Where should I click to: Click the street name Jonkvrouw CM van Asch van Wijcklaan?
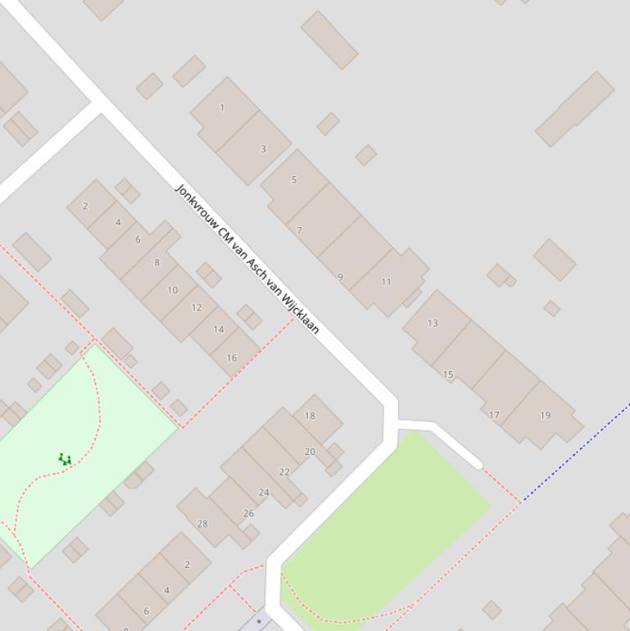247,259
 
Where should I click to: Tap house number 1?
222,107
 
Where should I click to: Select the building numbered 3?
263,149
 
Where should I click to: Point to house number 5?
294,179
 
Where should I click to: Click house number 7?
299,231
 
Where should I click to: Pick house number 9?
341,277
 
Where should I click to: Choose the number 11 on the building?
386,282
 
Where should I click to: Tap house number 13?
433,323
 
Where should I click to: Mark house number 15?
448,375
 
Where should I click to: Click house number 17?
494,415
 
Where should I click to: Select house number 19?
545,415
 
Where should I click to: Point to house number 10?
172,290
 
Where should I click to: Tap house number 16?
231,358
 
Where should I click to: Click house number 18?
310,415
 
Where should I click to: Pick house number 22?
284,472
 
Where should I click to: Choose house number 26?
248,514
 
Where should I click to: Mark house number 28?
202,524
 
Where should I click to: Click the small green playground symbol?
65,460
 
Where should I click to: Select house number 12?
197,308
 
